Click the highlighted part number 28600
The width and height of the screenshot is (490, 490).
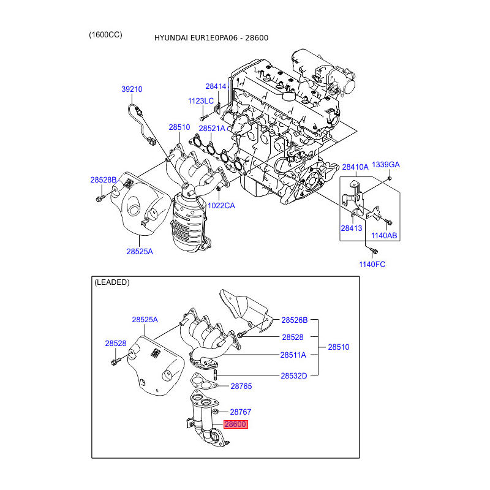pyautogui.click(x=236, y=424)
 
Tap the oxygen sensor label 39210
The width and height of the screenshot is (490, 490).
pyautogui.click(x=132, y=89)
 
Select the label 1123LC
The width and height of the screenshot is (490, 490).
pyautogui.click(x=201, y=101)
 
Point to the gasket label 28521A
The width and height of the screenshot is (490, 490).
pyautogui.click(x=212, y=129)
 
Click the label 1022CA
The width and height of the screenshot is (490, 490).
pyautogui.click(x=221, y=206)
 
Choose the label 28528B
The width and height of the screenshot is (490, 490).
pyautogui.click(x=104, y=179)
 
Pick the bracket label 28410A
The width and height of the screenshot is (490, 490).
pyautogui.click(x=355, y=167)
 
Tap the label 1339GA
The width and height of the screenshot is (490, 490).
pyautogui.click(x=386, y=164)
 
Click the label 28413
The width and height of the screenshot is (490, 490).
pyautogui.click(x=352, y=228)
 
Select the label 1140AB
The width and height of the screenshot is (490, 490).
pyautogui.click(x=384, y=236)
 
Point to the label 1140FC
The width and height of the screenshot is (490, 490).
pyautogui.click(x=372, y=265)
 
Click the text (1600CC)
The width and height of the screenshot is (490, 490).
pyautogui.click(x=105, y=35)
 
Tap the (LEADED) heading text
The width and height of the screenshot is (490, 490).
pyautogui.click(x=112, y=282)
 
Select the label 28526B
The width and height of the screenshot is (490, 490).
pyautogui.click(x=295, y=320)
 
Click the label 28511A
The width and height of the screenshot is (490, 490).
pyautogui.click(x=293, y=355)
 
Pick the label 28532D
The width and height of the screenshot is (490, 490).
pyautogui.click(x=294, y=376)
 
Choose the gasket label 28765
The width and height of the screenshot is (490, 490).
pyautogui.click(x=241, y=386)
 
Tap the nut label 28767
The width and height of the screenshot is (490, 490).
pyautogui.click(x=241, y=412)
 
